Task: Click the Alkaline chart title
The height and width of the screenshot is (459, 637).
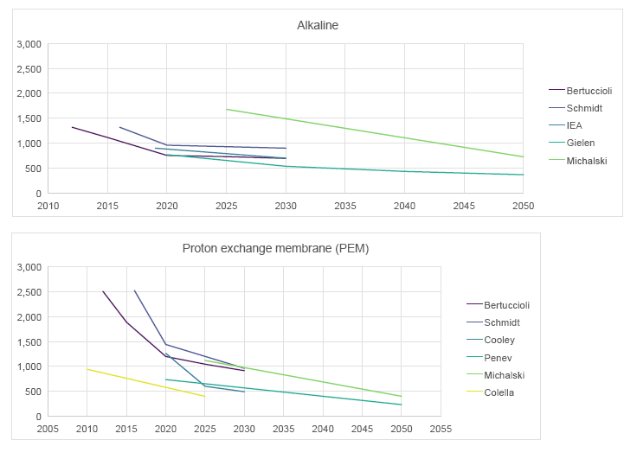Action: click(318, 25)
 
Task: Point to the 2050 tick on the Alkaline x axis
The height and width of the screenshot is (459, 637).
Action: click(523, 206)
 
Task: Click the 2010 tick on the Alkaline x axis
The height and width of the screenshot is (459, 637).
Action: click(48, 206)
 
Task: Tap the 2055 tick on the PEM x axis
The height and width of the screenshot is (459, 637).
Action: click(441, 428)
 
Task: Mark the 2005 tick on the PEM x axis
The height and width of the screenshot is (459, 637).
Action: click(48, 428)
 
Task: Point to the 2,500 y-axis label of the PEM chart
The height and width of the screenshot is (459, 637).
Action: click(29, 292)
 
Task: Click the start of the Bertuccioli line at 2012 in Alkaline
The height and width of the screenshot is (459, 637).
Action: click(72, 127)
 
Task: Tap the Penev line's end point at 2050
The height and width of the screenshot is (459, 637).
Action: click(402, 405)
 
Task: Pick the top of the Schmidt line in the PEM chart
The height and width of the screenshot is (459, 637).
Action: click(134, 290)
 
